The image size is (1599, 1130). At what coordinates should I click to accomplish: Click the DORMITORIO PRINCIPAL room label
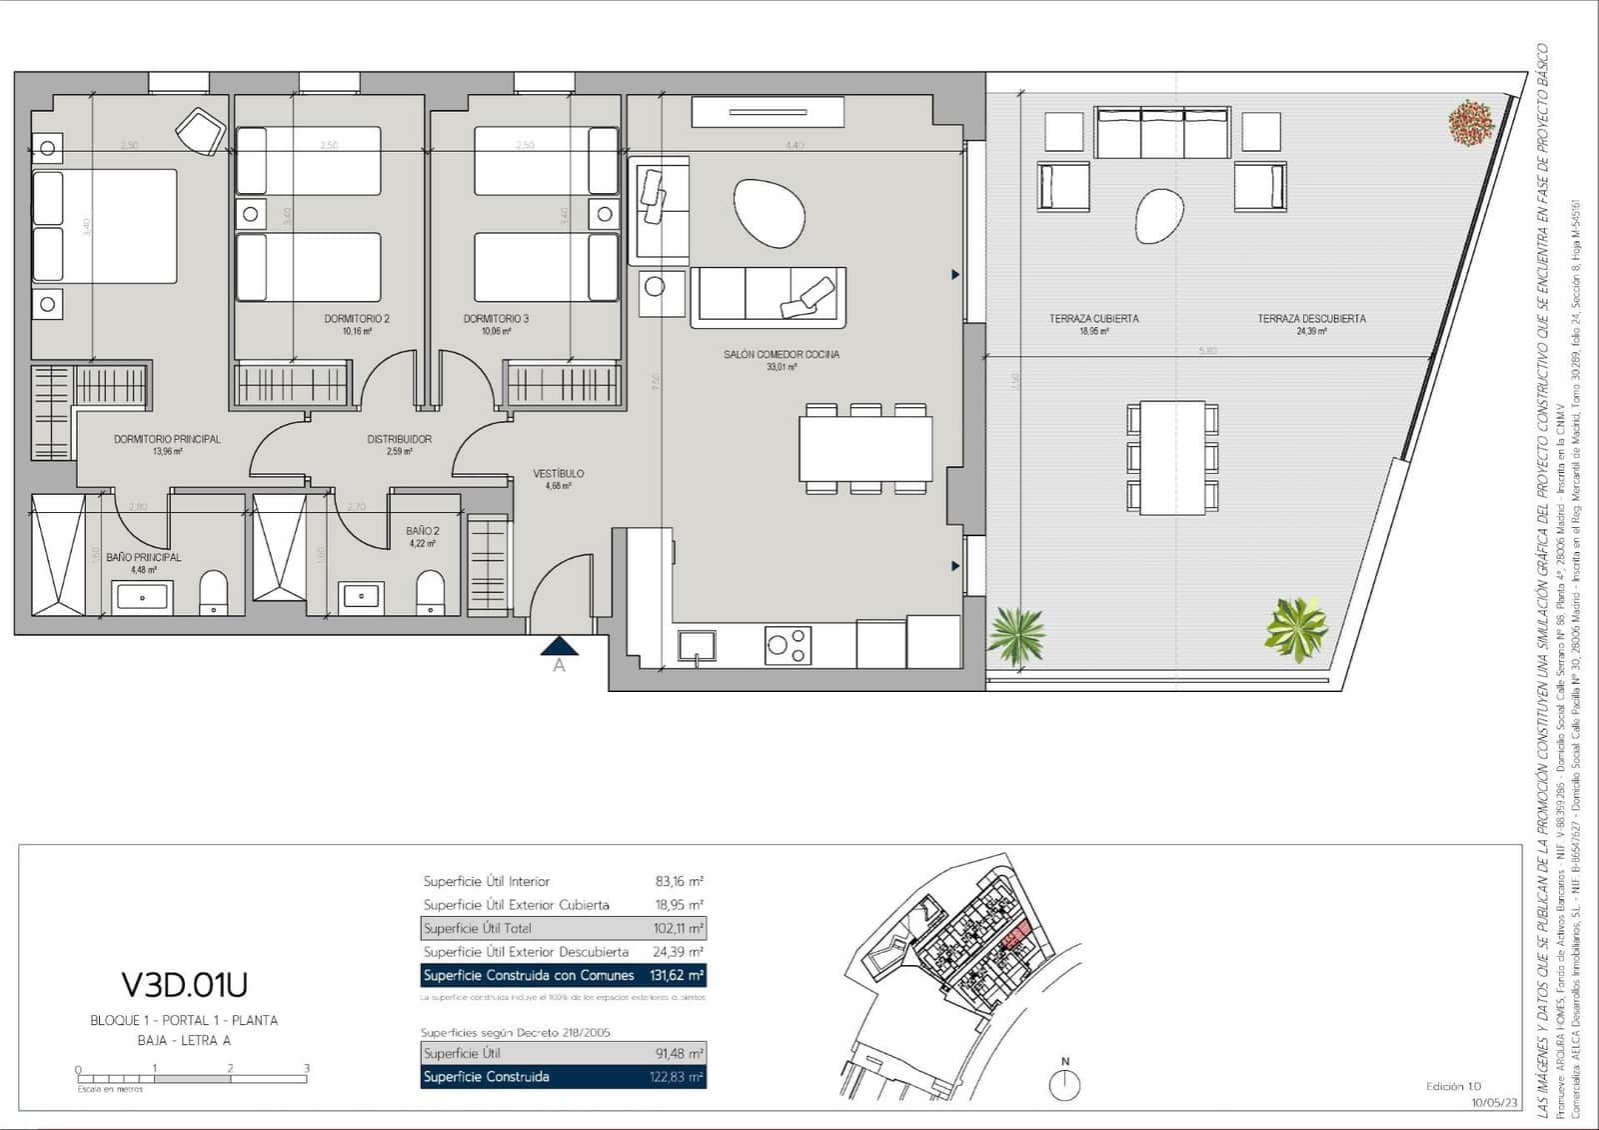click(x=167, y=439)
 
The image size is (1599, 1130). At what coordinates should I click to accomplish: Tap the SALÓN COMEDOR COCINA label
click(x=782, y=354)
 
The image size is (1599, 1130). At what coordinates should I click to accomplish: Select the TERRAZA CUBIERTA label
click(x=1093, y=319)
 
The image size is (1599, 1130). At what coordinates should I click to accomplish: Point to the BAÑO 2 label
click(x=423, y=531)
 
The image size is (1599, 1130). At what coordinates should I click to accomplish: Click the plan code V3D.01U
click(x=184, y=985)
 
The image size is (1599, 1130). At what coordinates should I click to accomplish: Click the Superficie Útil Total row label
click(x=478, y=928)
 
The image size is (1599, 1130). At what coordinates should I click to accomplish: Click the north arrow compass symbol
click(x=1065, y=1084)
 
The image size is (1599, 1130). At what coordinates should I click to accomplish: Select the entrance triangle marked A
click(x=559, y=647)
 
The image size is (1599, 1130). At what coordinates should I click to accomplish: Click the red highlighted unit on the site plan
click(x=1013, y=938)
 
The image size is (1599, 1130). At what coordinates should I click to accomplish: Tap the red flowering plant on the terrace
click(x=1470, y=122)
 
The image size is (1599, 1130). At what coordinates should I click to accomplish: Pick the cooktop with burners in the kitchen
click(x=789, y=645)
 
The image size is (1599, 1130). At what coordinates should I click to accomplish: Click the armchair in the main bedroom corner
click(x=200, y=130)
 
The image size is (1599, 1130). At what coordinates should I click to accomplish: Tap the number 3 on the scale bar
click(x=306, y=1068)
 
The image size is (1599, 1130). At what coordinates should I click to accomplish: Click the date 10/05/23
click(x=1494, y=1103)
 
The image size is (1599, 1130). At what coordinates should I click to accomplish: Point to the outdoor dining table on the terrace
click(x=1172, y=457)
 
